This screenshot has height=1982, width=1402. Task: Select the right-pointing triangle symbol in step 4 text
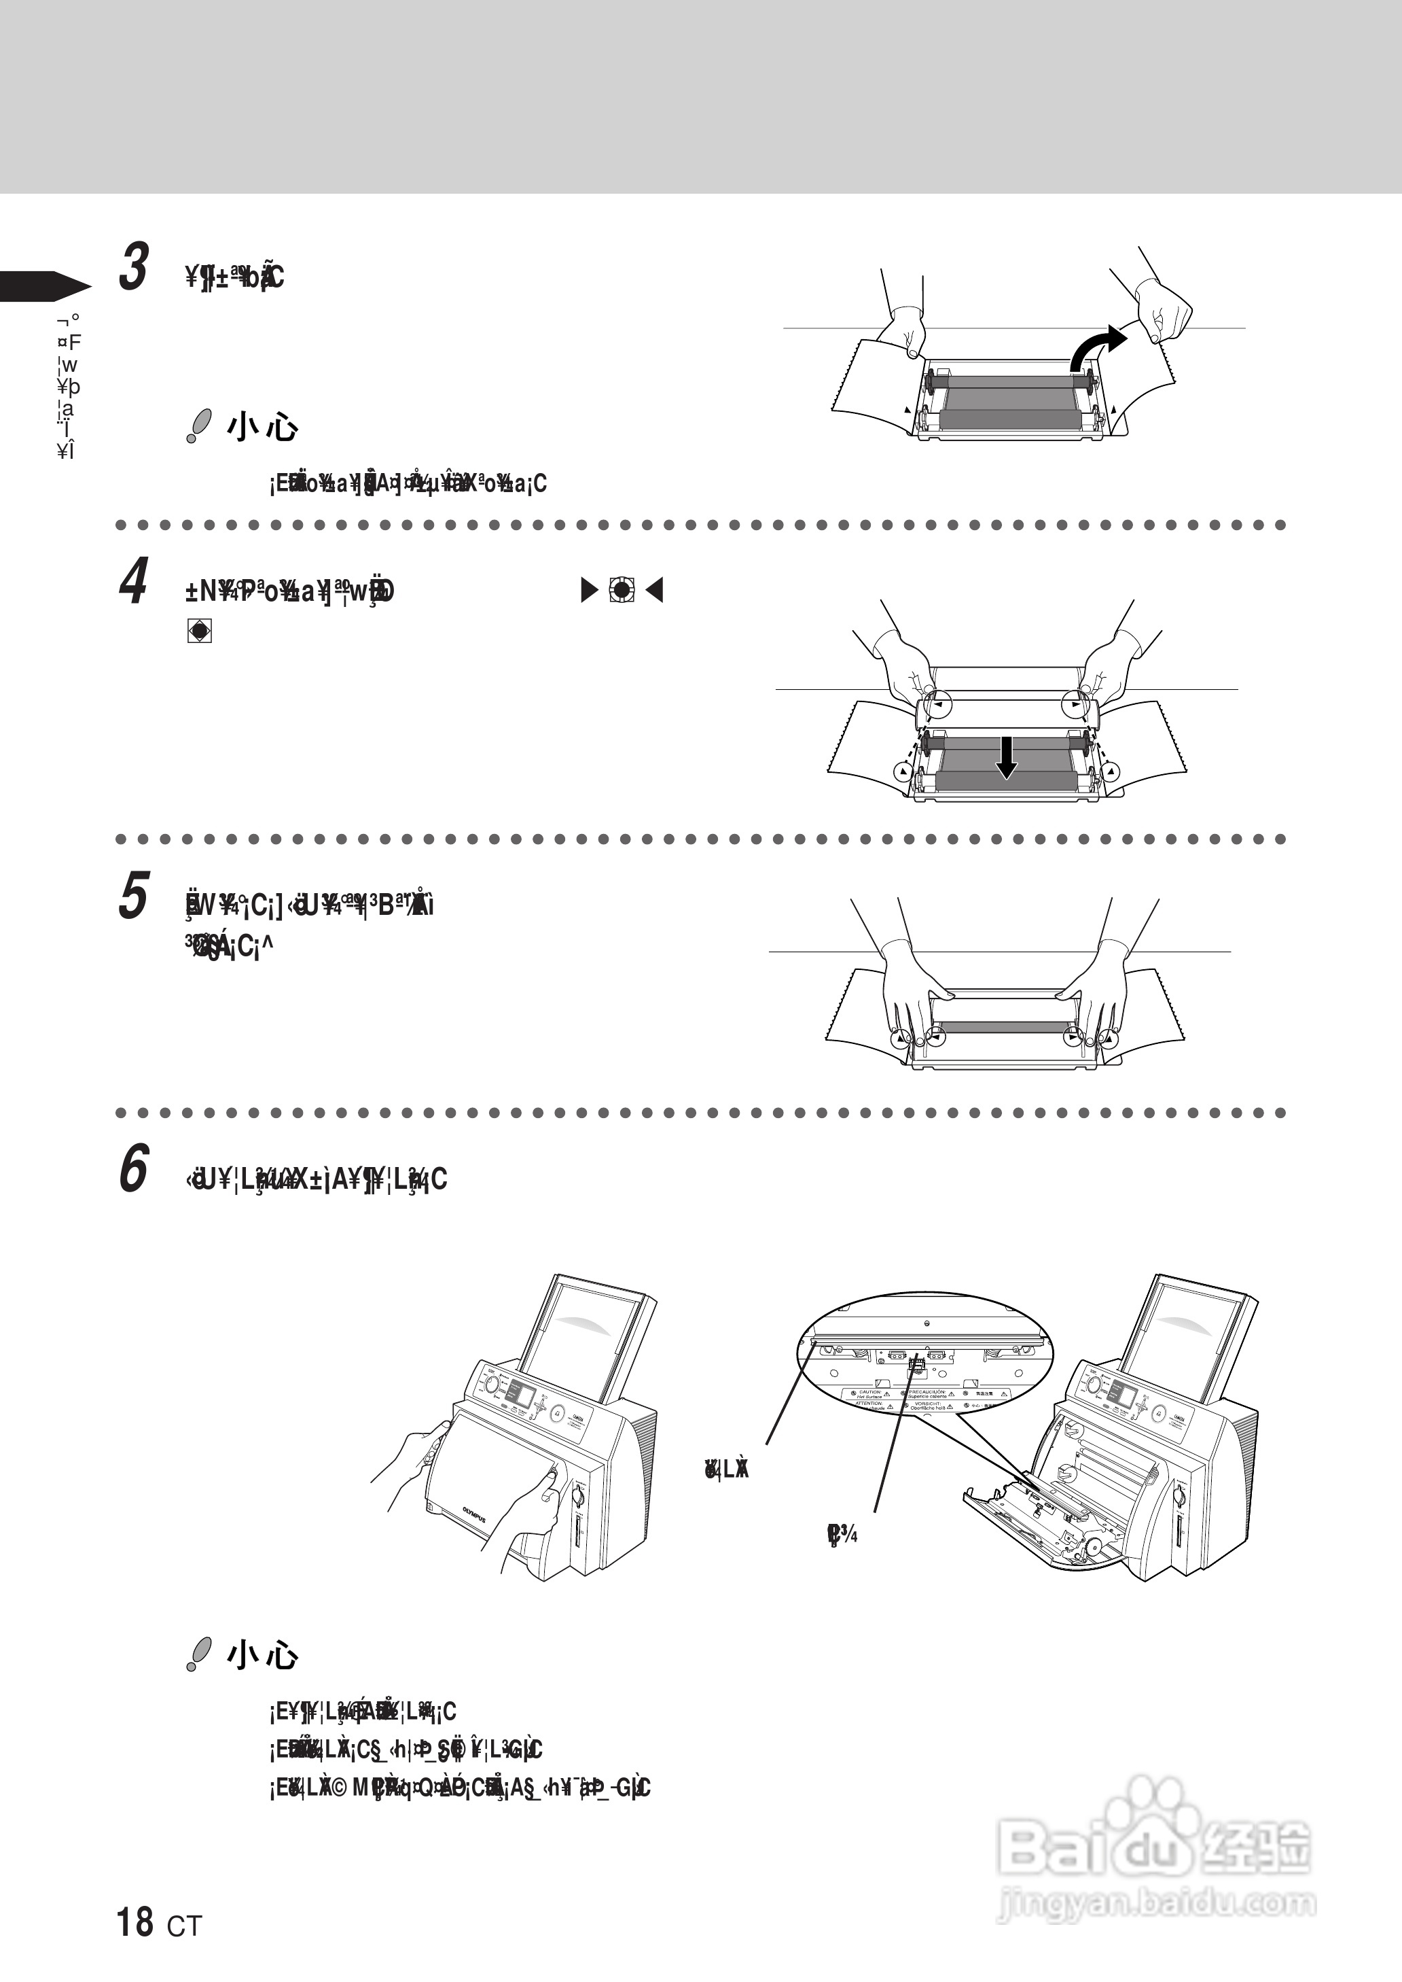(x=590, y=591)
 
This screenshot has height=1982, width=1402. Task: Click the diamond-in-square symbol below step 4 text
(x=200, y=631)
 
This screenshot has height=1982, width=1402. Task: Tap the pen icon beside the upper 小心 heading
(x=198, y=428)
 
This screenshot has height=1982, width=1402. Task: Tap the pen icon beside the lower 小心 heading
(x=198, y=1654)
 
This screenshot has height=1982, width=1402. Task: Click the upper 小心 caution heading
(x=262, y=428)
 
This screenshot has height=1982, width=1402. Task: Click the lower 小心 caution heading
(x=262, y=1654)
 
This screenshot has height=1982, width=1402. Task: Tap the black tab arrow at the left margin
(x=43, y=286)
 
